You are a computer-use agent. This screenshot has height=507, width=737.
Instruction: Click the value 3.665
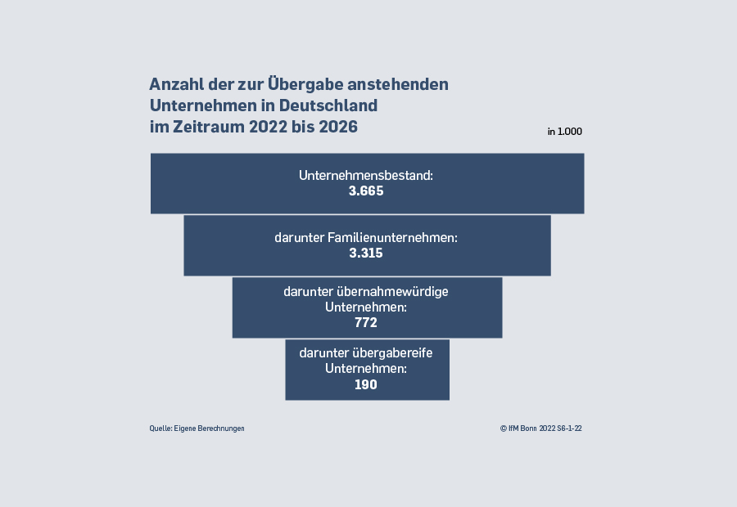[366, 191]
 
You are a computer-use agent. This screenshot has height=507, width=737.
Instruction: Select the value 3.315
[366, 253]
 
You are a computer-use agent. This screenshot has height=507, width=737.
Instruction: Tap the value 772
[366, 323]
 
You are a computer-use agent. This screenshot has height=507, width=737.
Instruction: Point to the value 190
[366, 384]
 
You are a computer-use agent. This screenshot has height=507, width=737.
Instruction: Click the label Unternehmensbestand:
[366, 175]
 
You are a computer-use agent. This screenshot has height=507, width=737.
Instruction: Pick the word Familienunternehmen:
[392, 237]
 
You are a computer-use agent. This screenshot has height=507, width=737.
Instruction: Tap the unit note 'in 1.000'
[565, 132]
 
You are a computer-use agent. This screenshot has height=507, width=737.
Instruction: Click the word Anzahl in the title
[175, 84]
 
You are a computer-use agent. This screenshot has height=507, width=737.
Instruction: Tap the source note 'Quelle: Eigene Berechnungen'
[197, 428]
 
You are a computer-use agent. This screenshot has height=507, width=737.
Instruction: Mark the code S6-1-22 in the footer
[570, 428]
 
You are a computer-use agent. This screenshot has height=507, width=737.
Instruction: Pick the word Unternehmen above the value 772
[366, 307]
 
